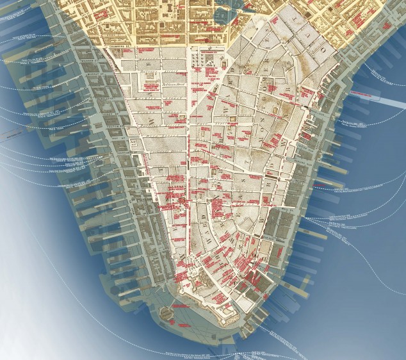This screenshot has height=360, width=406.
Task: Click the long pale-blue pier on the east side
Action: click(375, 95)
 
